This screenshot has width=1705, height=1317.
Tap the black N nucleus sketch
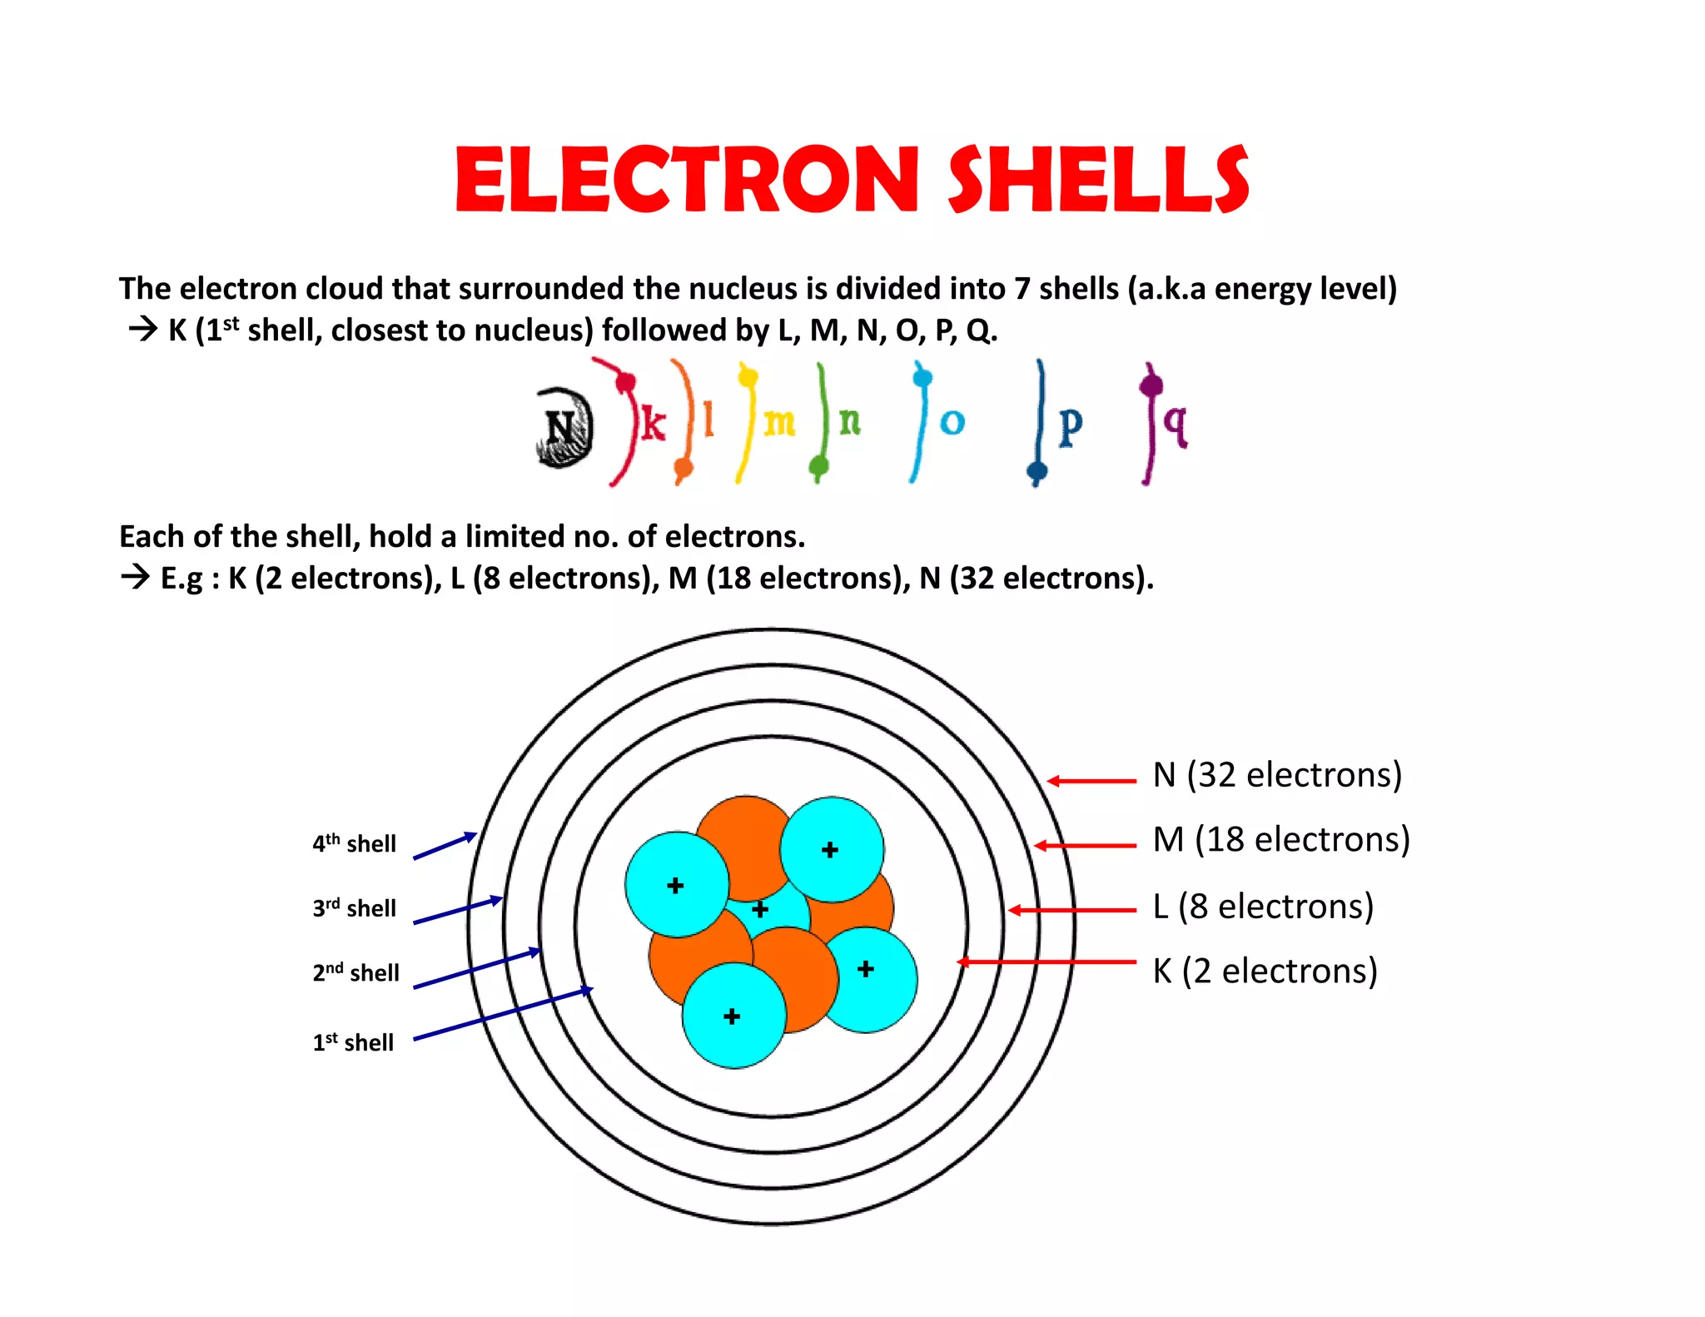click(564, 428)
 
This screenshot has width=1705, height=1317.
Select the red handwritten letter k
click(653, 425)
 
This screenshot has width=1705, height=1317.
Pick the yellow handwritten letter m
click(779, 423)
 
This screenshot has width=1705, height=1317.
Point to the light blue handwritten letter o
click(952, 423)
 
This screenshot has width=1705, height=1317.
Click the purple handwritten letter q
click(1176, 423)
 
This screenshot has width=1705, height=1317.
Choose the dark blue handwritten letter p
click(1071, 425)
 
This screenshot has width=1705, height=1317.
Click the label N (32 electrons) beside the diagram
click(1277, 775)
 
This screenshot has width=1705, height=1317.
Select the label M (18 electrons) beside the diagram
click(1281, 840)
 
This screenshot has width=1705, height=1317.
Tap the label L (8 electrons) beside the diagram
click(1263, 906)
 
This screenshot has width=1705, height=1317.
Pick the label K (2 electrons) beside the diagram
click(1265, 972)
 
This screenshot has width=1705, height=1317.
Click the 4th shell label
click(355, 843)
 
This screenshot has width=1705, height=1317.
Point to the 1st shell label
click(353, 1042)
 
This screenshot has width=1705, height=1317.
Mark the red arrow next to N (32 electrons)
click(1091, 781)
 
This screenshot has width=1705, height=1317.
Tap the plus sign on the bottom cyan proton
click(732, 1016)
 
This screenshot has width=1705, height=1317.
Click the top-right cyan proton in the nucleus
click(832, 849)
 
